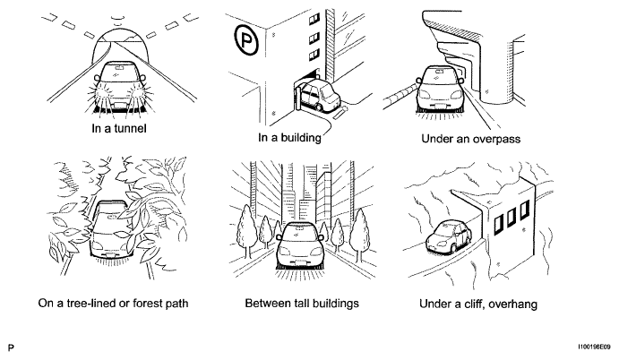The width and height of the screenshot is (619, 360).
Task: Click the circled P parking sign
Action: [x=246, y=39]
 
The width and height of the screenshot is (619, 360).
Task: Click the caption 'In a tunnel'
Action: [x=119, y=129]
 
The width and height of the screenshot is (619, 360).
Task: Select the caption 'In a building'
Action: [x=289, y=138]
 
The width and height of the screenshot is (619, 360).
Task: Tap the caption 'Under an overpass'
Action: [x=470, y=139]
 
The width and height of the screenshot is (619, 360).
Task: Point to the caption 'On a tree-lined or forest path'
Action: [x=113, y=304]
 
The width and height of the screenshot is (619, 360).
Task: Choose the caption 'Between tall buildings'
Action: [x=302, y=304]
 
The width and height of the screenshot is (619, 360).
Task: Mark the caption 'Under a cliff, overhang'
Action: [x=478, y=304]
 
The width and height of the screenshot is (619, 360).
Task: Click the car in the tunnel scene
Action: [x=120, y=87]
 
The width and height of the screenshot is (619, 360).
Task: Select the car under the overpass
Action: [x=439, y=90]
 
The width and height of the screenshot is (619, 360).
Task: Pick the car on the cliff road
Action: [x=449, y=236]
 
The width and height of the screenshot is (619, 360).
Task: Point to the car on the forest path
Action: [x=112, y=230]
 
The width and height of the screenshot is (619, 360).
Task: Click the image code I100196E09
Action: [x=594, y=347]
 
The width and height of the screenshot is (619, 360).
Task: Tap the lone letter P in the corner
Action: [x=11, y=347]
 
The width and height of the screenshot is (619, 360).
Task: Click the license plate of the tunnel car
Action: [x=119, y=106]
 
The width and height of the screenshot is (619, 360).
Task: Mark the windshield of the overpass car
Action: [x=439, y=76]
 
